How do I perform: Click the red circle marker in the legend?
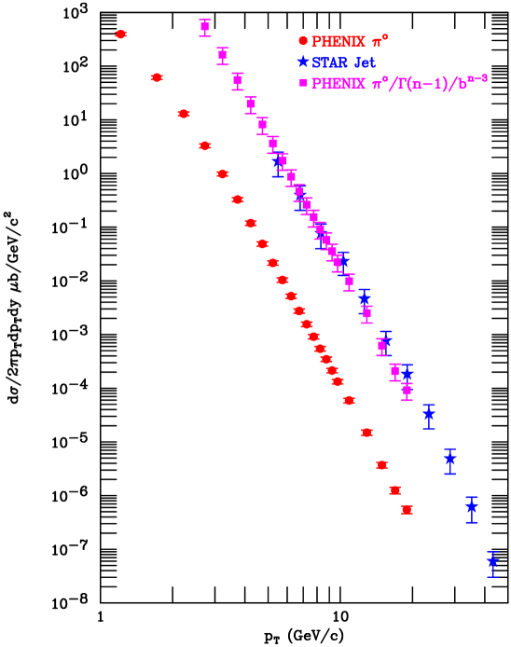[302, 41]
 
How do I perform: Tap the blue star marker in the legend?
[302, 62]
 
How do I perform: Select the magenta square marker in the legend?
[302, 83]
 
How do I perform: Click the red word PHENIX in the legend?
[338, 42]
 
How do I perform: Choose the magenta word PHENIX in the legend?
[338, 84]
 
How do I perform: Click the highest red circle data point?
[120, 34]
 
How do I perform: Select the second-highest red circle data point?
[157, 77]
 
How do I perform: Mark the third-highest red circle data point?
[184, 114]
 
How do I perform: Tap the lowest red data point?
[407, 509]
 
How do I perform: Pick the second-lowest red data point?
[395, 489]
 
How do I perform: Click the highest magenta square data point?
[205, 26]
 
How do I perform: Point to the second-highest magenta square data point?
[222, 54]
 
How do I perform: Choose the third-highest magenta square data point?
[238, 80]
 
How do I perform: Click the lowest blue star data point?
[492, 562]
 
